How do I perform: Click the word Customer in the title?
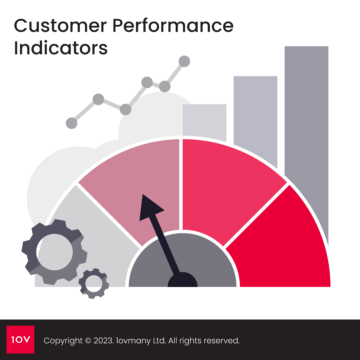pyautogui.click(x=59, y=26)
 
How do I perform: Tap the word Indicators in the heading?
pyautogui.click(x=61, y=48)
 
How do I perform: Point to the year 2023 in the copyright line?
pyautogui.click(x=102, y=341)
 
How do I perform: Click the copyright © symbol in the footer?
pyautogui.click(x=88, y=341)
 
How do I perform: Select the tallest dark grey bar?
pyautogui.click(x=306, y=110)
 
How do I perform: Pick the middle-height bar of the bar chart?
pyautogui.click(x=255, y=117)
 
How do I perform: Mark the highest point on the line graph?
pyautogui.click(x=184, y=61)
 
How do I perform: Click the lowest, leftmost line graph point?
pyautogui.click(x=71, y=123)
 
